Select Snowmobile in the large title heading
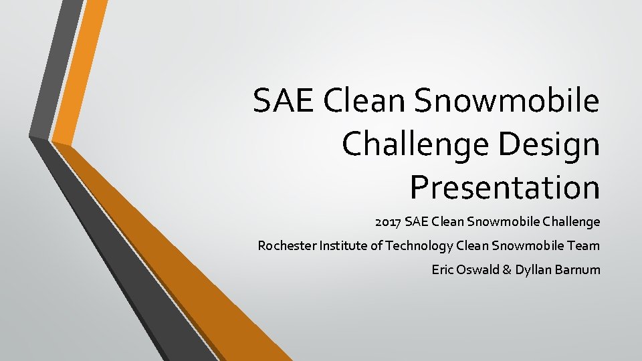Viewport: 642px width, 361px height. coord(507,101)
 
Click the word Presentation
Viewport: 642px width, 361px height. coord(505,187)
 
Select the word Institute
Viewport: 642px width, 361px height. coord(341,246)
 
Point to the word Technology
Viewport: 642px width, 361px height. coord(418,246)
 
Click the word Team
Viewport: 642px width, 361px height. coord(584,246)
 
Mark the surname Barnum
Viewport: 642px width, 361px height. coord(578,270)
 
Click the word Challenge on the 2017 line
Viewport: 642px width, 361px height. coord(573,221)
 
